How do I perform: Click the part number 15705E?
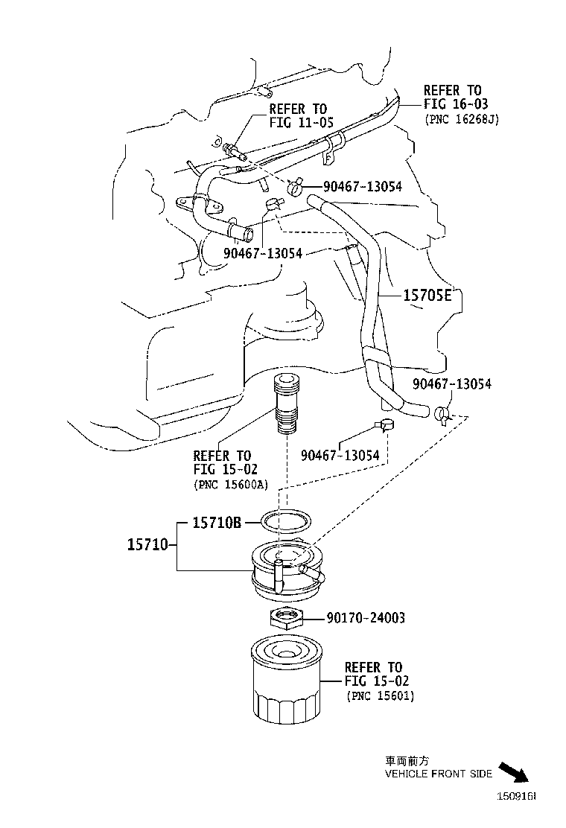pos(427,296)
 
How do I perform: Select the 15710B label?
pos(217,523)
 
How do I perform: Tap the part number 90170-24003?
pos(366,618)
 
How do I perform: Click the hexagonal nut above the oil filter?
pos(286,617)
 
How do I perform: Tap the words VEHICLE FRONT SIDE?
pos(438,774)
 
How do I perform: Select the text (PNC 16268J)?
pos(460,118)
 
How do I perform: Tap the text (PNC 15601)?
pos(381,695)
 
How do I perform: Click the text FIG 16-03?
pos(456,104)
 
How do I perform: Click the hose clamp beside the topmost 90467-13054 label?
pos(293,187)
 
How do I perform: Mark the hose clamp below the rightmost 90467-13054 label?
pos(444,413)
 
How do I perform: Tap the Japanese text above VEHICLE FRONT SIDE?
pos(407,762)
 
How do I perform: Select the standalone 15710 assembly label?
pos(149,545)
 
